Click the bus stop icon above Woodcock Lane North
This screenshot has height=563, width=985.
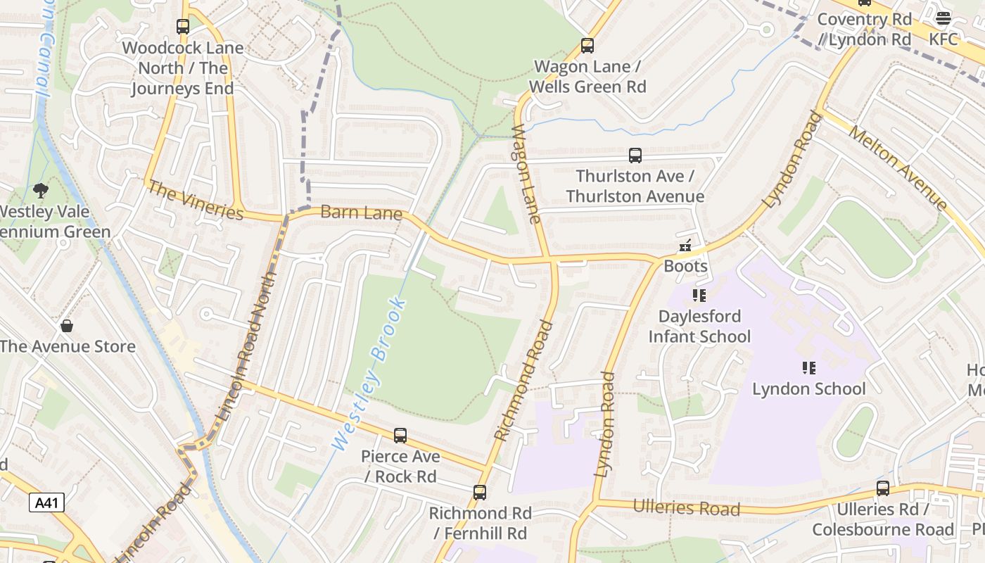183,27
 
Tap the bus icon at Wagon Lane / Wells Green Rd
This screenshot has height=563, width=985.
587,46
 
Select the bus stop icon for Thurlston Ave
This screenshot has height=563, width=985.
635,156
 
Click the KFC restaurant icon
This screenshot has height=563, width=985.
943,18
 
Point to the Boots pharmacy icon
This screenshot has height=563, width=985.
685,246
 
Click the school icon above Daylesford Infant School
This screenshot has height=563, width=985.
699,296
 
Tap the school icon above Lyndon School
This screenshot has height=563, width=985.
809,368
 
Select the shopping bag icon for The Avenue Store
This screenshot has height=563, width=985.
67,326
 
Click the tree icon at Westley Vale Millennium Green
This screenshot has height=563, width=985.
42,191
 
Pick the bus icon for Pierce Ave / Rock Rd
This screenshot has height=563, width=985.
400,436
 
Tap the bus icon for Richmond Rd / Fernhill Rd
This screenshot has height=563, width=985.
480,493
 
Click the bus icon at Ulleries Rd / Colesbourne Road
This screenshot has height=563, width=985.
883,488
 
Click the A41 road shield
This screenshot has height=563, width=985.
47,502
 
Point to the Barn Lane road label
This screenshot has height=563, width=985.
362,213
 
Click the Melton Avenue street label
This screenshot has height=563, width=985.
898,168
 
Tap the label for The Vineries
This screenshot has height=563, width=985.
196,201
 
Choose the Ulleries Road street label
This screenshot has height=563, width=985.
686,507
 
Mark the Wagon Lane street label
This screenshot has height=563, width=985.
527,174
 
